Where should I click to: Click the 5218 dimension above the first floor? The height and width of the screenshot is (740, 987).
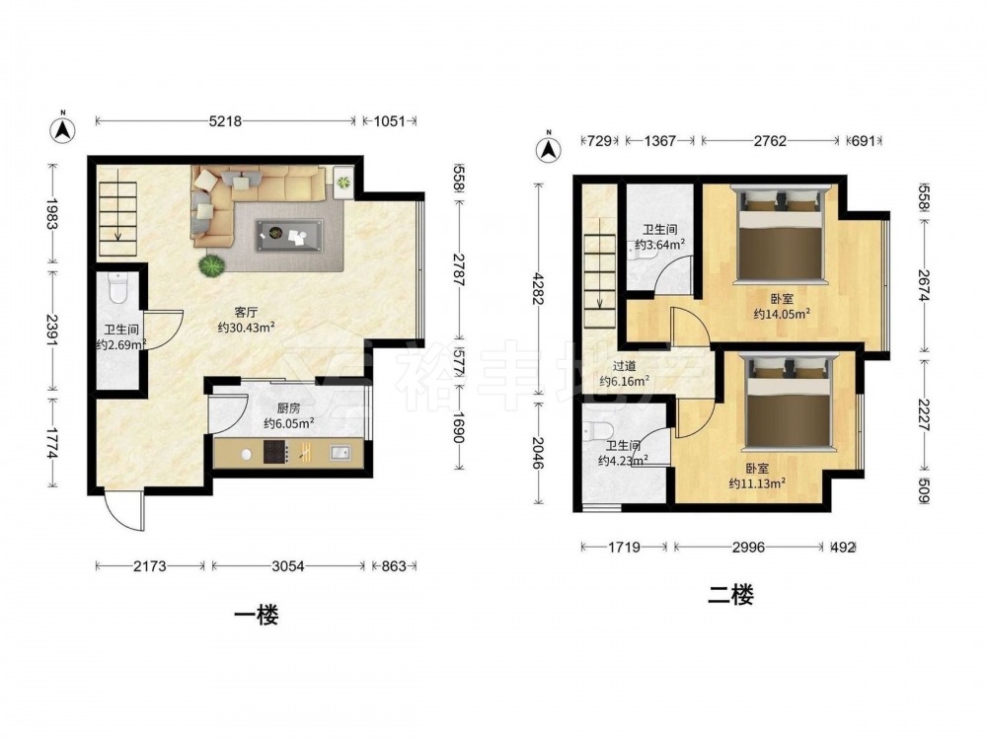(x=225, y=120)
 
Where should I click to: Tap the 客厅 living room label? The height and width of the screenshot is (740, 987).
(x=247, y=312)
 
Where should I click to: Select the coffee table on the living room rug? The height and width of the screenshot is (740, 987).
(x=289, y=236)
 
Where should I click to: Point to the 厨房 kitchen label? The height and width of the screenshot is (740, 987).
(x=288, y=409)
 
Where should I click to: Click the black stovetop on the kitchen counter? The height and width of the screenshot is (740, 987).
(x=275, y=452)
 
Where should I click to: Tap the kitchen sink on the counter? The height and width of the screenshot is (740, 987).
(x=342, y=452)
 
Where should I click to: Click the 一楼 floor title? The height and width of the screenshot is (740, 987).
(x=257, y=615)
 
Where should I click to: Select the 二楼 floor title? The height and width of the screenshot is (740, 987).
(x=730, y=594)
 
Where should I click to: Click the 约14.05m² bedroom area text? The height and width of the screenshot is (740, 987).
(x=782, y=314)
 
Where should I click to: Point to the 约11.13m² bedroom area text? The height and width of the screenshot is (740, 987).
(x=757, y=483)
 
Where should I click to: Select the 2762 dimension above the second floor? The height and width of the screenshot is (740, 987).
(x=770, y=141)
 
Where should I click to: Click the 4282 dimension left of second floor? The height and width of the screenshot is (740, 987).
(x=539, y=288)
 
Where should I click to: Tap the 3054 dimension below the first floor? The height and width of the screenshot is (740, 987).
(x=287, y=566)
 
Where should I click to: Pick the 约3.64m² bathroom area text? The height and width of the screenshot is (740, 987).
(x=659, y=244)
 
